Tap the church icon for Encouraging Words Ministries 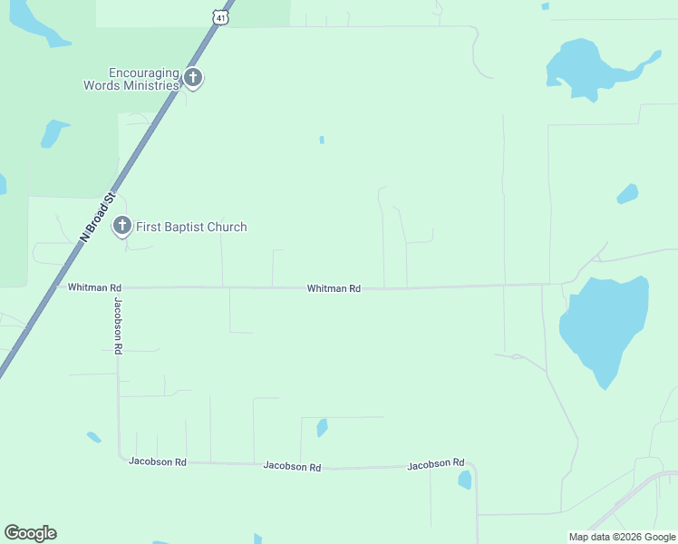(x=192, y=78)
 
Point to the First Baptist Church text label (x=191, y=227)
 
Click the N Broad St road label (x=100, y=216)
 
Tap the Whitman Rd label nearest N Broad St (x=88, y=287)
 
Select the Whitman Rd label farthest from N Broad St (x=334, y=288)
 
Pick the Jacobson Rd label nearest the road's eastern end (x=436, y=464)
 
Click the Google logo (x=30, y=533)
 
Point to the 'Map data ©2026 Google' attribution (x=621, y=537)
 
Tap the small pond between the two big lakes (x=627, y=194)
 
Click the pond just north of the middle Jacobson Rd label (x=322, y=427)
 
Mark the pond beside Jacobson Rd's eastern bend (x=465, y=480)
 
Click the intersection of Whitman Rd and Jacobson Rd (x=117, y=287)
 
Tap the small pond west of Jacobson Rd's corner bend (x=93, y=437)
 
